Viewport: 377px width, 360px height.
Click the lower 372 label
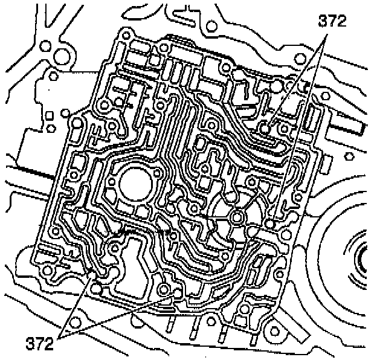point(39,345)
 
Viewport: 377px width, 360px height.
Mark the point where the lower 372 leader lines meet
point(62,334)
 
